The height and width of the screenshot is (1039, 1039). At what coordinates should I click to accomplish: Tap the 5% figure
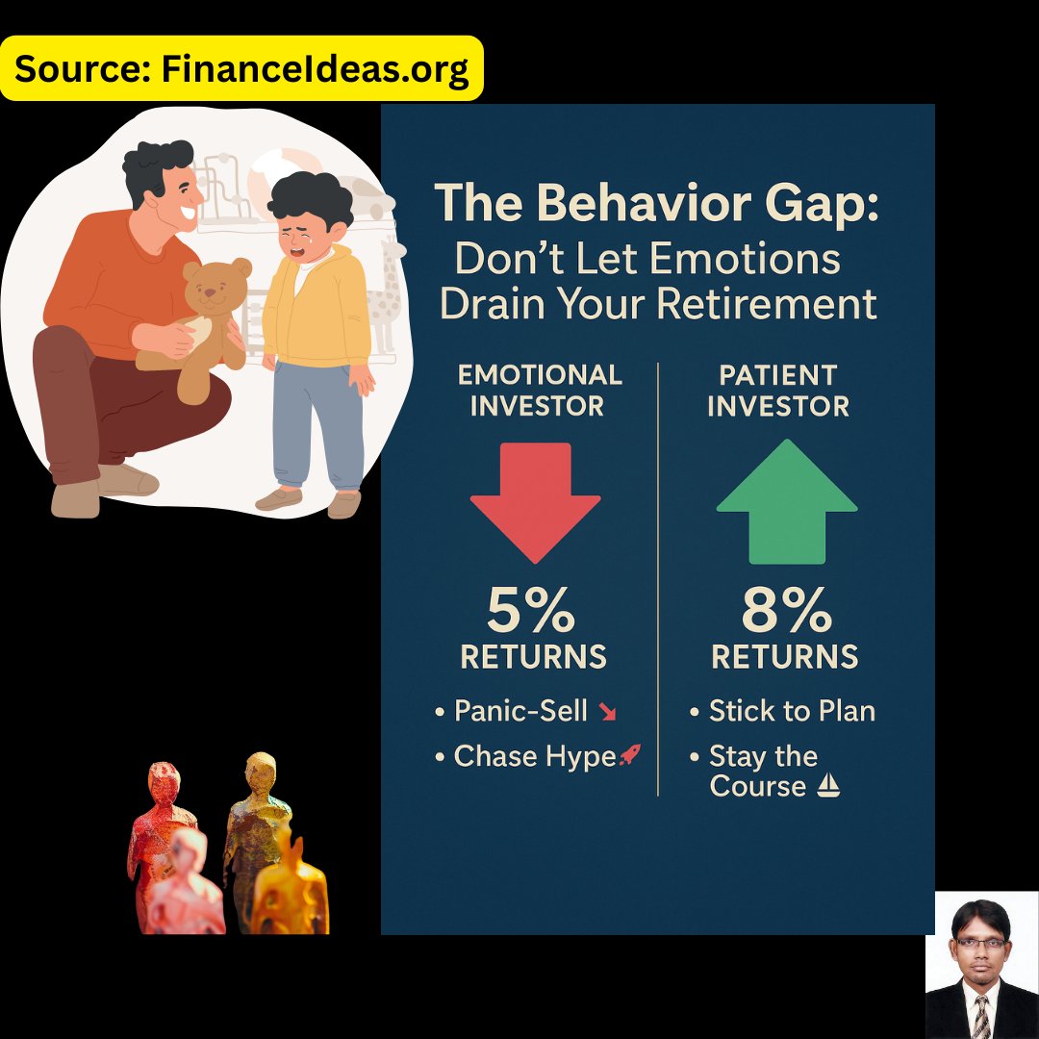tap(531, 610)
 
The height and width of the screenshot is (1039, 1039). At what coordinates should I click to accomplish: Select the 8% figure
tap(785, 610)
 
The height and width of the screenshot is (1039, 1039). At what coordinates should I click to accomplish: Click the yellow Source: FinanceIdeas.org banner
tap(241, 69)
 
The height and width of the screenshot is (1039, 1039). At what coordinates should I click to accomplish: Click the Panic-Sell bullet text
tap(520, 711)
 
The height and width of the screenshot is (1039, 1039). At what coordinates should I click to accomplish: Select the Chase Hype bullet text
tap(534, 757)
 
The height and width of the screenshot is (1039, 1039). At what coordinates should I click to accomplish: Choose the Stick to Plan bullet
tap(791, 711)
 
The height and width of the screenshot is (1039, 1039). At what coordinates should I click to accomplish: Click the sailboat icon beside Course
tap(827, 787)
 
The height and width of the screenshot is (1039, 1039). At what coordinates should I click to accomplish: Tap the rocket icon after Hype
tap(629, 756)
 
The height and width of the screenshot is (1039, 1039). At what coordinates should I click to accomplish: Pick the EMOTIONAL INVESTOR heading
tap(539, 390)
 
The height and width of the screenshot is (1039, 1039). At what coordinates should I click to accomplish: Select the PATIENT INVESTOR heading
tap(778, 390)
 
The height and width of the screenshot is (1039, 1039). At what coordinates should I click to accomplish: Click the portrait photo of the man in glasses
tap(981, 965)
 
